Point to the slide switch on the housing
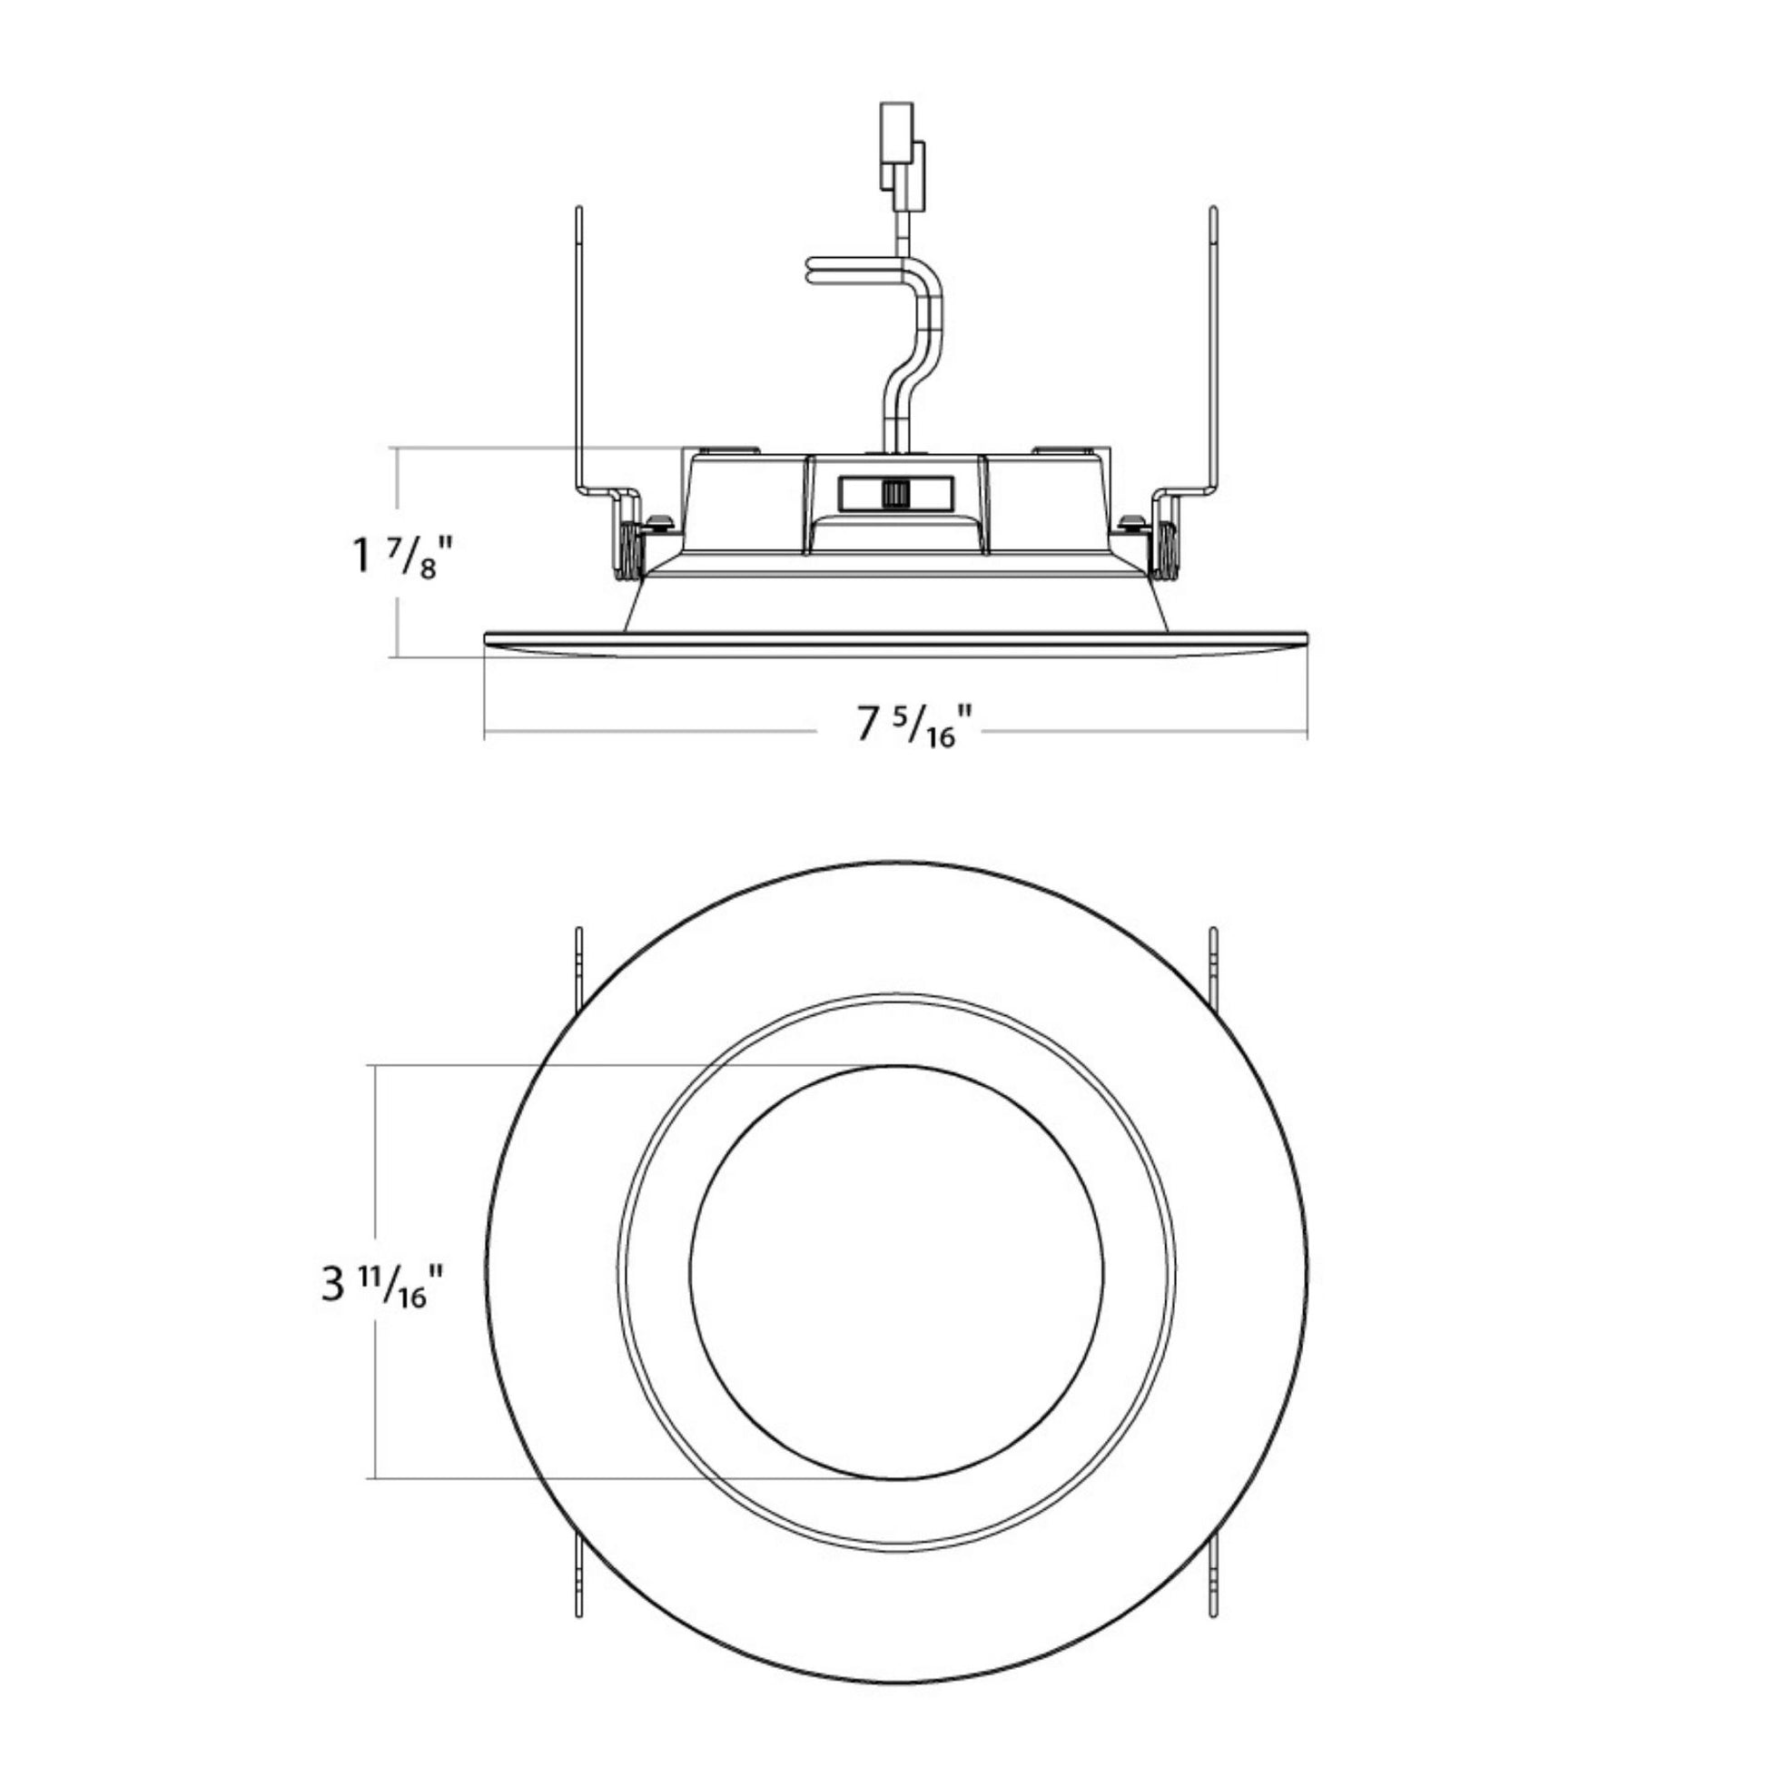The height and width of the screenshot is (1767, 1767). pyautogui.click(x=895, y=493)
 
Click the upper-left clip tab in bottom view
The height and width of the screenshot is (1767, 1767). pyautogui.click(x=579, y=971)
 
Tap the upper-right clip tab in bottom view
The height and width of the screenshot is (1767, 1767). pyautogui.click(x=1214, y=971)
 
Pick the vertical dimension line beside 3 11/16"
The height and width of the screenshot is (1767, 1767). pyautogui.click(x=376, y=1271)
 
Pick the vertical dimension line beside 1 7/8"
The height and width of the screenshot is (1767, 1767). pyautogui.click(x=397, y=551)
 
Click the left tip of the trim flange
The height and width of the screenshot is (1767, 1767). pyautogui.click(x=486, y=637)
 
